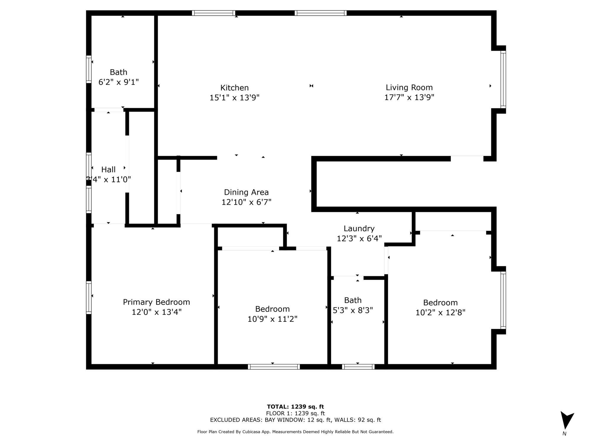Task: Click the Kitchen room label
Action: pyautogui.click(x=235, y=88)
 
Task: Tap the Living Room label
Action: pyautogui.click(x=409, y=87)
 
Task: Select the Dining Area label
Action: pyautogui.click(x=246, y=192)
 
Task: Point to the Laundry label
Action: pyautogui.click(x=359, y=229)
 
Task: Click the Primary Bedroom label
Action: pyautogui.click(x=156, y=302)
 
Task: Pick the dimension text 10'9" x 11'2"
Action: pyautogui.click(x=272, y=319)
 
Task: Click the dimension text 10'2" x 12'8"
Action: pyautogui.click(x=440, y=313)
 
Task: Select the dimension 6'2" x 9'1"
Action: pyautogui.click(x=118, y=82)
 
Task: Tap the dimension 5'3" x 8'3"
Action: pyautogui.click(x=353, y=310)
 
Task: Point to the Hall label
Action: pyautogui.click(x=108, y=170)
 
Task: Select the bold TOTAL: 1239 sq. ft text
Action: pyautogui.click(x=295, y=407)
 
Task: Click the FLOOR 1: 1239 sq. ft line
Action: pyautogui.click(x=295, y=413)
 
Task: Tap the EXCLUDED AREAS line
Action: pyautogui.click(x=295, y=420)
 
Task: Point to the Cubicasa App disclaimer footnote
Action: pyautogui.click(x=295, y=432)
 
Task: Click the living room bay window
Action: pyautogui.click(x=503, y=79)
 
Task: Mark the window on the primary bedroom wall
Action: pyautogui.click(x=89, y=297)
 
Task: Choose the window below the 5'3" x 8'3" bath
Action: pyautogui.click(x=358, y=367)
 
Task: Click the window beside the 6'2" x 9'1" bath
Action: pyautogui.click(x=89, y=69)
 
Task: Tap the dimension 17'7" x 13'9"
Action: pyautogui.click(x=409, y=97)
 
